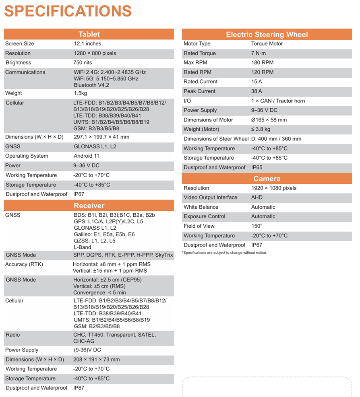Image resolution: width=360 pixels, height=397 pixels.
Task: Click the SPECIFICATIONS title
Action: pos(68,11)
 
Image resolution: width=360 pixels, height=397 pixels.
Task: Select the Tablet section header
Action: pos(89,34)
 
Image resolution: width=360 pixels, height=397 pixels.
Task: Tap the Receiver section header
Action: pos(89,206)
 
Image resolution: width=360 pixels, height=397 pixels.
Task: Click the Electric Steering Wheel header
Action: pos(267,35)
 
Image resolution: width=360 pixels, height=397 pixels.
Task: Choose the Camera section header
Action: pos(267,179)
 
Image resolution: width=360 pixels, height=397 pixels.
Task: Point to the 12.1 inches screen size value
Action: pos(87,43)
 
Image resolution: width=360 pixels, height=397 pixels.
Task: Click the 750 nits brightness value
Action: pos(83,63)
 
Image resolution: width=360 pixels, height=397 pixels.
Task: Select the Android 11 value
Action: pos(87,156)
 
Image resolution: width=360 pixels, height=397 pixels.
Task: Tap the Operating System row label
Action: pos(27,156)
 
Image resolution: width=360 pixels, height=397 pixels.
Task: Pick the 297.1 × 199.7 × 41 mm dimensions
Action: pos(101,137)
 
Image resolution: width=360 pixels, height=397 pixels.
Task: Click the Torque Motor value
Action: pos(267,43)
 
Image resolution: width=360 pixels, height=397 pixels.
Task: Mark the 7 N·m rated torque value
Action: pos(259,53)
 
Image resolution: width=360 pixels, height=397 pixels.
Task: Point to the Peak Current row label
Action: pos(200,91)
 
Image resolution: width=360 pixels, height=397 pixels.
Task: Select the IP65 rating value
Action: pos(257,167)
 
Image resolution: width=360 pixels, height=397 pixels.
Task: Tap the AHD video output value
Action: pos(257,197)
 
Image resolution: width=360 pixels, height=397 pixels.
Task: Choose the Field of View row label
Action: pos(199,226)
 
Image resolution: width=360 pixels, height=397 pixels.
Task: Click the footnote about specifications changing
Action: pos(224,253)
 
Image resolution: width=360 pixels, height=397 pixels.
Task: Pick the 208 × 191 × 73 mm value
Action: pos(96,360)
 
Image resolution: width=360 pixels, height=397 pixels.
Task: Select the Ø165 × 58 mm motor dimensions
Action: pos(269,120)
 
